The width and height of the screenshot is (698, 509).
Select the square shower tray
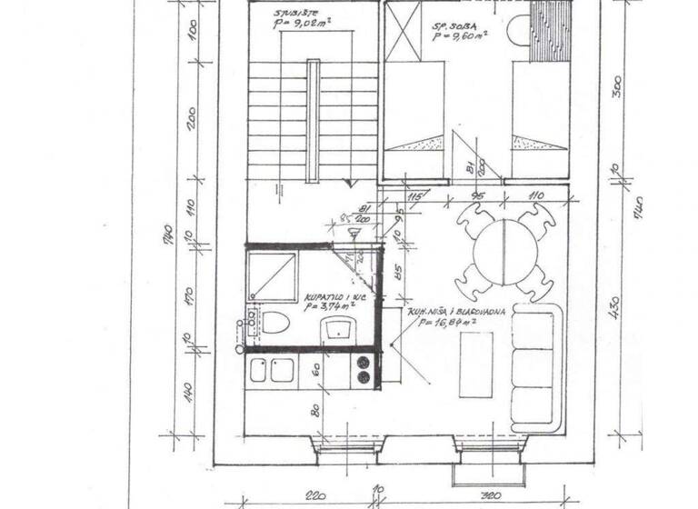click(x=274, y=276)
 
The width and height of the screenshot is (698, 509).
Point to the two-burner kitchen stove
click(x=364, y=369)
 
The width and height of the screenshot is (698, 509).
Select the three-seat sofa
click(x=536, y=367)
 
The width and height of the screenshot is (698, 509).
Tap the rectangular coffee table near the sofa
click(x=475, y=364)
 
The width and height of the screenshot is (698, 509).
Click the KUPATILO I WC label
click(x=327, y=296)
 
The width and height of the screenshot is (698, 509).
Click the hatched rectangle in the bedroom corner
click(x=551, y=30)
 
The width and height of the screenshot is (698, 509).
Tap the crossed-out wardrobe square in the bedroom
click(x=403, y=30)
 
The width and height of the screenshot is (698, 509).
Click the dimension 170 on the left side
click(x=192, y=294)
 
